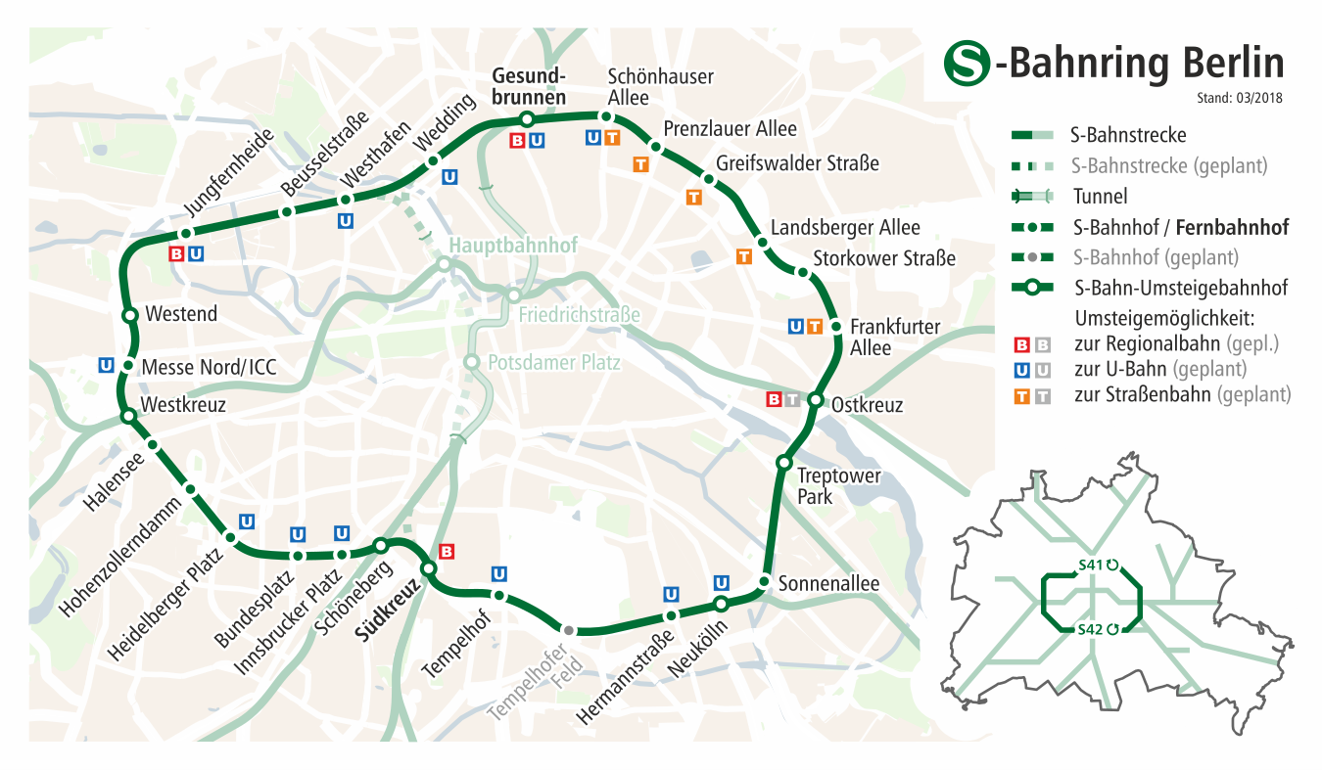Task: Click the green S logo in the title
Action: (x=966, y=63)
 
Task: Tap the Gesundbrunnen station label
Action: (x=529, y=86)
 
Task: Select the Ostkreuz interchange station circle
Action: (x=815, y=399)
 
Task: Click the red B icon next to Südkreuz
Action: (x=447, y=552)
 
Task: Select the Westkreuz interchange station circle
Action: (x=128, y=416)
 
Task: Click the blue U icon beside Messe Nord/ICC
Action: (x=106, y=365)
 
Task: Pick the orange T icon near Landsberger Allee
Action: (x=743, y=257)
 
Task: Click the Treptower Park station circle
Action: (x=783, y=462)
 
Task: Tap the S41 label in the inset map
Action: (x=1090, y=565)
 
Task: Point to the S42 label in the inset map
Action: (x=1090, y=629)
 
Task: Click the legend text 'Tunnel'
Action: (x=1100, y=196)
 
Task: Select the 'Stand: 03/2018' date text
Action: (x=1239, y=98)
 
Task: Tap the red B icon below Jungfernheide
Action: (x=176, y=254)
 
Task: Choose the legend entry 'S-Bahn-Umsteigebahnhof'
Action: (x=1180, y=288)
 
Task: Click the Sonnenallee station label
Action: (x=828, y=584)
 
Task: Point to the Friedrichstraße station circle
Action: (x=512, y=295)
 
